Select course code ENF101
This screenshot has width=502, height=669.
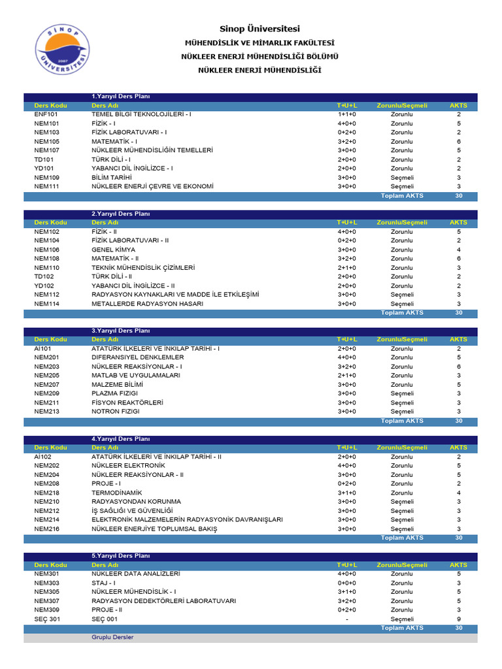[46, 114]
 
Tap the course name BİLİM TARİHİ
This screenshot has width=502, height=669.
[112, 178]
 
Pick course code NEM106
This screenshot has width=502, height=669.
[46, 250]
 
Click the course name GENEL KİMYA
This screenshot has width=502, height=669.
[114, 250]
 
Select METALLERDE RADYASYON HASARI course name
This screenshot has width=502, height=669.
[147, 304]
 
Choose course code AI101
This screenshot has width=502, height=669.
[42, 349]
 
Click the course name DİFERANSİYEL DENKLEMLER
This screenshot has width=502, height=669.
[138, 357]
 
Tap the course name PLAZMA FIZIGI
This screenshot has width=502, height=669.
[116, 394]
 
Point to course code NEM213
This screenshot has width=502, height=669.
[46, 412]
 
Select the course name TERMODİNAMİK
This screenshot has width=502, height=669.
[117, 493]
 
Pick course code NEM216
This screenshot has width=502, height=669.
[46, 529]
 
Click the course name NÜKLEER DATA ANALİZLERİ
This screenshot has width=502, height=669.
[135, 574]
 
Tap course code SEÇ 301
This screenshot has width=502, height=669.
[48, 619]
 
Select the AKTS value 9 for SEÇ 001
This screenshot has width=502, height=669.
[459, 619]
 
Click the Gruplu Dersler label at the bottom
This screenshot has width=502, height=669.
[112, 637]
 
